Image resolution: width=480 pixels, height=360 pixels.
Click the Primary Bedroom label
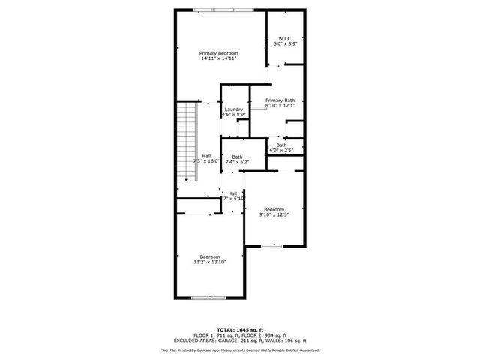pos(218,53)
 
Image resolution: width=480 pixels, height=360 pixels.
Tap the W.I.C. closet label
pos(285,39)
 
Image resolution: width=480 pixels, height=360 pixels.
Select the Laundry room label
pos(234,109)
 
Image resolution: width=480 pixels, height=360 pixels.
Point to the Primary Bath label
pos(280,100)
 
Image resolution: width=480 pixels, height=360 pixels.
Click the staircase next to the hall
pos(185,142)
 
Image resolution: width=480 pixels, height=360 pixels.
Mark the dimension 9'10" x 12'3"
pos(274,214)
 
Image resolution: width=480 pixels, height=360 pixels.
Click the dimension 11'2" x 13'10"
pos(210,262)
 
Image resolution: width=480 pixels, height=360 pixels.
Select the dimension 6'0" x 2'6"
pos(281,151)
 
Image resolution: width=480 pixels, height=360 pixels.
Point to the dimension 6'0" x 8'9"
pos(285,44)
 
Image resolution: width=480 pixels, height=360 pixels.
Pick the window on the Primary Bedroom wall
pos(222,10)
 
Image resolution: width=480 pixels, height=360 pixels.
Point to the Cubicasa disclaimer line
pos(239,349)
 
